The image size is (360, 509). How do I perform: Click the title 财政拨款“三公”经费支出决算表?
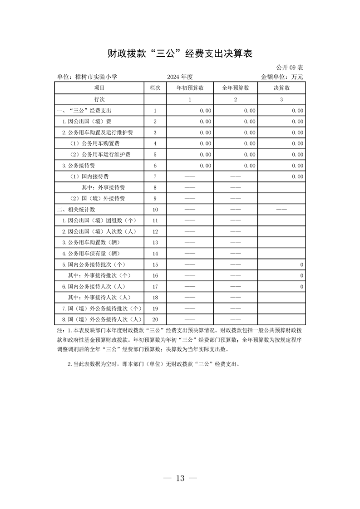click(180, 54)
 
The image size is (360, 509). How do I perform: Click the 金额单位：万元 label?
click(282, 77)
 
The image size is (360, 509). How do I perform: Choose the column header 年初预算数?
click(190, 88)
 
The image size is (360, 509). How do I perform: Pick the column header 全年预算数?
click(236, 88)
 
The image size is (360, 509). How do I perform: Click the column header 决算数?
click(281, 88)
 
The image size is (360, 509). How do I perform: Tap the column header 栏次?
click(155, 88)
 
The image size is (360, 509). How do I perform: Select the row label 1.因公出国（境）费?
click(87, 122)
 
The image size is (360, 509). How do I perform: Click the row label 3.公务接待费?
click(78, 166)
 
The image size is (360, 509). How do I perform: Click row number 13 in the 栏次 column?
click(155, 243)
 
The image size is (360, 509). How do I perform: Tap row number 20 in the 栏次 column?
click(155, 320)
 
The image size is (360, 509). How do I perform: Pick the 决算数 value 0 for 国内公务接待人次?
click(301, 287)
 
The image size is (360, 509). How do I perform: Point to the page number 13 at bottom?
click(180, 478)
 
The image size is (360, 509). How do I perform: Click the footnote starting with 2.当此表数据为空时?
click(153, 364)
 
